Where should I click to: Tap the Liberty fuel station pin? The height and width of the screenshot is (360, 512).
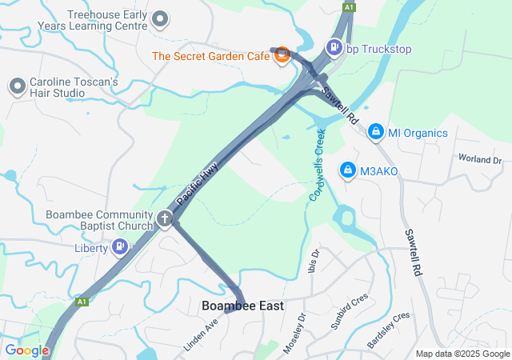click(120, 246)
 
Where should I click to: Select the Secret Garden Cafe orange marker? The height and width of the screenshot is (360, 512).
click(281, 54)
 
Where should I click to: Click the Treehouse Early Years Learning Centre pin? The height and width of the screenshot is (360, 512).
click(160, 19)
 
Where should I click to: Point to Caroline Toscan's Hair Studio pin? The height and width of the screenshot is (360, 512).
click(17, 86)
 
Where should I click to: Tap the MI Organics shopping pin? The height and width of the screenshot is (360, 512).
click(376, 131)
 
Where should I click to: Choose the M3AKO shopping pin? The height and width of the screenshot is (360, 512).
click(348, 170)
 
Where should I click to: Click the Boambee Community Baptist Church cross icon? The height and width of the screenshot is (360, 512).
click(165, 218)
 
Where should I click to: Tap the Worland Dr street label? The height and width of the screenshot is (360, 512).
click(479, 160)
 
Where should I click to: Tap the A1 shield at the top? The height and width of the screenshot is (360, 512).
click(348, 6)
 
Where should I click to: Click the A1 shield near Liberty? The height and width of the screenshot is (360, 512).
click(82, 302)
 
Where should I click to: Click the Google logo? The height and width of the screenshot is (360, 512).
click(26, 350)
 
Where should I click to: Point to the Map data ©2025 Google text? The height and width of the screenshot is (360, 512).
click(462, 354)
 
